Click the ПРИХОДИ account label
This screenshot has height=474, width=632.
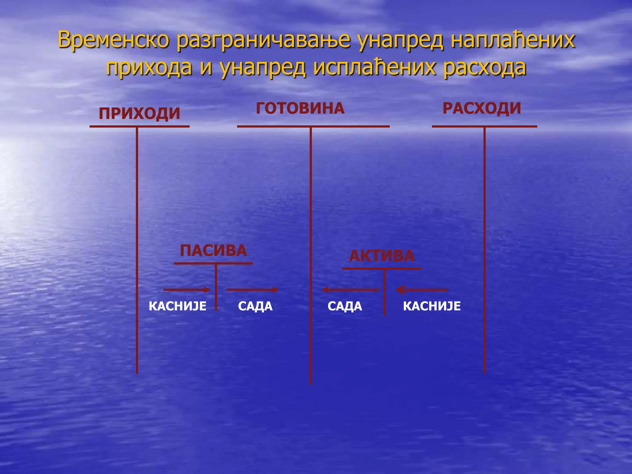click(139, 113)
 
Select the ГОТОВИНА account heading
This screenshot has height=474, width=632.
click(300, 108)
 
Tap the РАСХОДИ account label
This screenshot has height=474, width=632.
click(481, 108)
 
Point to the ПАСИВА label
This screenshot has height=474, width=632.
click(213, 250)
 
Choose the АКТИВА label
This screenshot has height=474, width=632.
click(381, 256)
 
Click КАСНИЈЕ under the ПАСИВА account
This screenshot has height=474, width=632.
click(177, 306)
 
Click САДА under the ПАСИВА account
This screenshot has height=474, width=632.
click(255, 306)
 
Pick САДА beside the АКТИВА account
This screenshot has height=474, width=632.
click(345, 306)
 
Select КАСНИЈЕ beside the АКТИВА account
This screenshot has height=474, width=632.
click(432, 306)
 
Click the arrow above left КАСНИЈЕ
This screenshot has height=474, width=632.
click(187, 289)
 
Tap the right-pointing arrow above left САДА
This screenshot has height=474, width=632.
click(252, 289)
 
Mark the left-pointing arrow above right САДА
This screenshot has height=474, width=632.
click(350, 290)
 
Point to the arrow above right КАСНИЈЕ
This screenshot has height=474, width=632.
click(422, 290)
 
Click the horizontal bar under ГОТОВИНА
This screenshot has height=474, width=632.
click(313, 126)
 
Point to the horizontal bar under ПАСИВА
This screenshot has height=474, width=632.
click(213, 263)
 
